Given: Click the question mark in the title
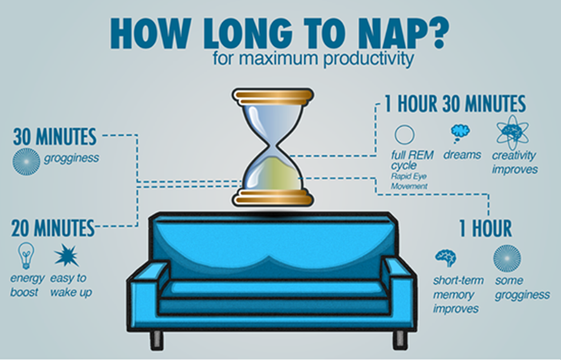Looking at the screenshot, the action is [434, 33].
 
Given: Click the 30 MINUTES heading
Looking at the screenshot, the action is [55, 136].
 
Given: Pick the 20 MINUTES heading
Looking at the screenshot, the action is [53, 228].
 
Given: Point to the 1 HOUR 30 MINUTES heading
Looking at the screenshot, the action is [455, 104].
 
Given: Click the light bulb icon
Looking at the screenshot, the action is [26, 255].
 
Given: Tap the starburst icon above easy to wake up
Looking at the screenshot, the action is [66, 255].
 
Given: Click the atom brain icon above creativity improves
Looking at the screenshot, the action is [512, 132].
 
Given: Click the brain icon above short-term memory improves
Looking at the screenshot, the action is [446, 258].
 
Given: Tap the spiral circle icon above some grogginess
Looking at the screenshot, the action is [507, 258].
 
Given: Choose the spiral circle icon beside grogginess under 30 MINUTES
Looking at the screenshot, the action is [26, 162].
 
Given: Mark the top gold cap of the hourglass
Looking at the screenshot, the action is [273, 97].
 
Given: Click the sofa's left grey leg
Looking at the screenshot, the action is [156, 339].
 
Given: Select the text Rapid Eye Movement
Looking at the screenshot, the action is [409, 181].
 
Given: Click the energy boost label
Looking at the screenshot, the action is [27, 285].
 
